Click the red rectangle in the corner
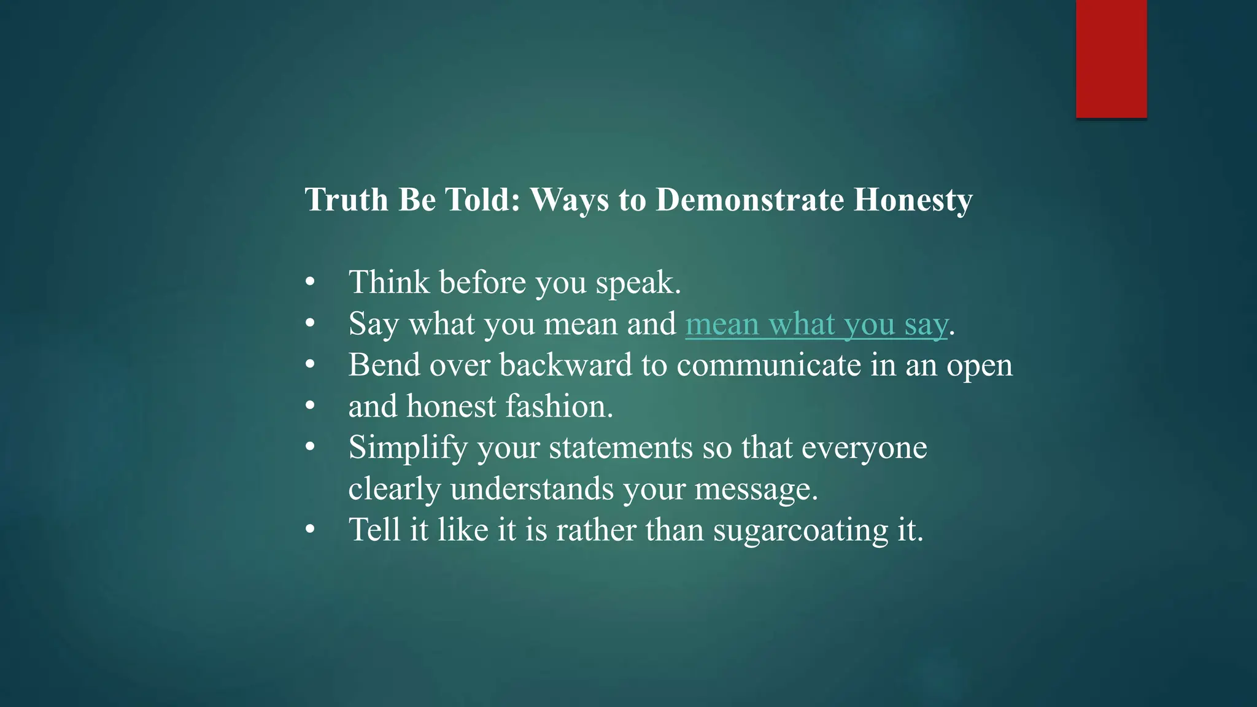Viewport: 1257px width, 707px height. (1111, 58)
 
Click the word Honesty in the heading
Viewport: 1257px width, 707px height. (913, 200)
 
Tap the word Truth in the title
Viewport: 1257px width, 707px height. (346, 200)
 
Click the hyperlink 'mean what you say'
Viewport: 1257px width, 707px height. (816, 324)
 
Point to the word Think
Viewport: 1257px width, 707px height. (389, 282)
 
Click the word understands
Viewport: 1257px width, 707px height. (532, 489)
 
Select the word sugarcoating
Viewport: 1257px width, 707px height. (800, 531)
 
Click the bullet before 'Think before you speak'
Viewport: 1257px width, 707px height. (310, 282)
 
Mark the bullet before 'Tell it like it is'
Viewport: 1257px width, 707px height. (310, 530)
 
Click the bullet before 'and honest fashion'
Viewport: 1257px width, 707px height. (310, 406)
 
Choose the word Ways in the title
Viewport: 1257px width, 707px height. (569, 200)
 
